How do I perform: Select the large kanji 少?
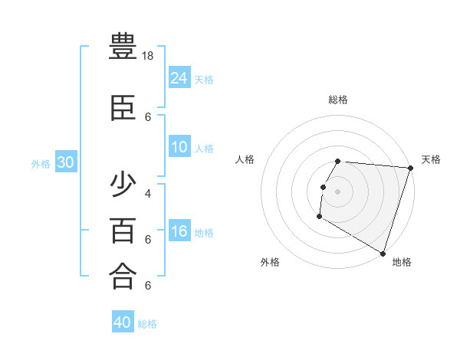pyautogui.click(x=123, y=185)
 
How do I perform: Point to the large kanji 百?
pyautogui.click(x=123, y=231)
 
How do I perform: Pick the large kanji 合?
pyautogui.click(x=123, y=277)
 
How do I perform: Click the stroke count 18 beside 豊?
pyautogui.click(x=149, y=57)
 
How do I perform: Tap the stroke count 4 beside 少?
pyautogui.click(x=148, y=193)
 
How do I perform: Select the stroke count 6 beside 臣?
pyautogui.click(x=148, y=117)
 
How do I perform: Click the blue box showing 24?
pyautogui.click(x=179, y=77)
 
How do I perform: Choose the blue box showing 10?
pyautogui.click(x=179, y=147)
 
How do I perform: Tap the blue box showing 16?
pyautogui.click(x=179, y=231)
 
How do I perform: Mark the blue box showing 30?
pyautogui.click(x=65, y=162)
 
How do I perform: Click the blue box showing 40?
pyautogui.click(x=123, y=322)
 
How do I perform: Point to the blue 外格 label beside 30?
pyautogui.click(x=41, y=164)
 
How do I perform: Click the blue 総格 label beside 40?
pyautogui.click(x=147, y=324)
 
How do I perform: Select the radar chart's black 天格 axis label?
pyautogui.click(x=431, y=159)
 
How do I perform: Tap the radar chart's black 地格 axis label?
pyautogui.click(x=402, y=262)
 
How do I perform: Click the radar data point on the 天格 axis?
pyautogui.click(x=410, y=168)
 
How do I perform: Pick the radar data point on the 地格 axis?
pyautogui.click(x=382, y=253)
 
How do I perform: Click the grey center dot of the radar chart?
pyautogui.click(x=338, y=191)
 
